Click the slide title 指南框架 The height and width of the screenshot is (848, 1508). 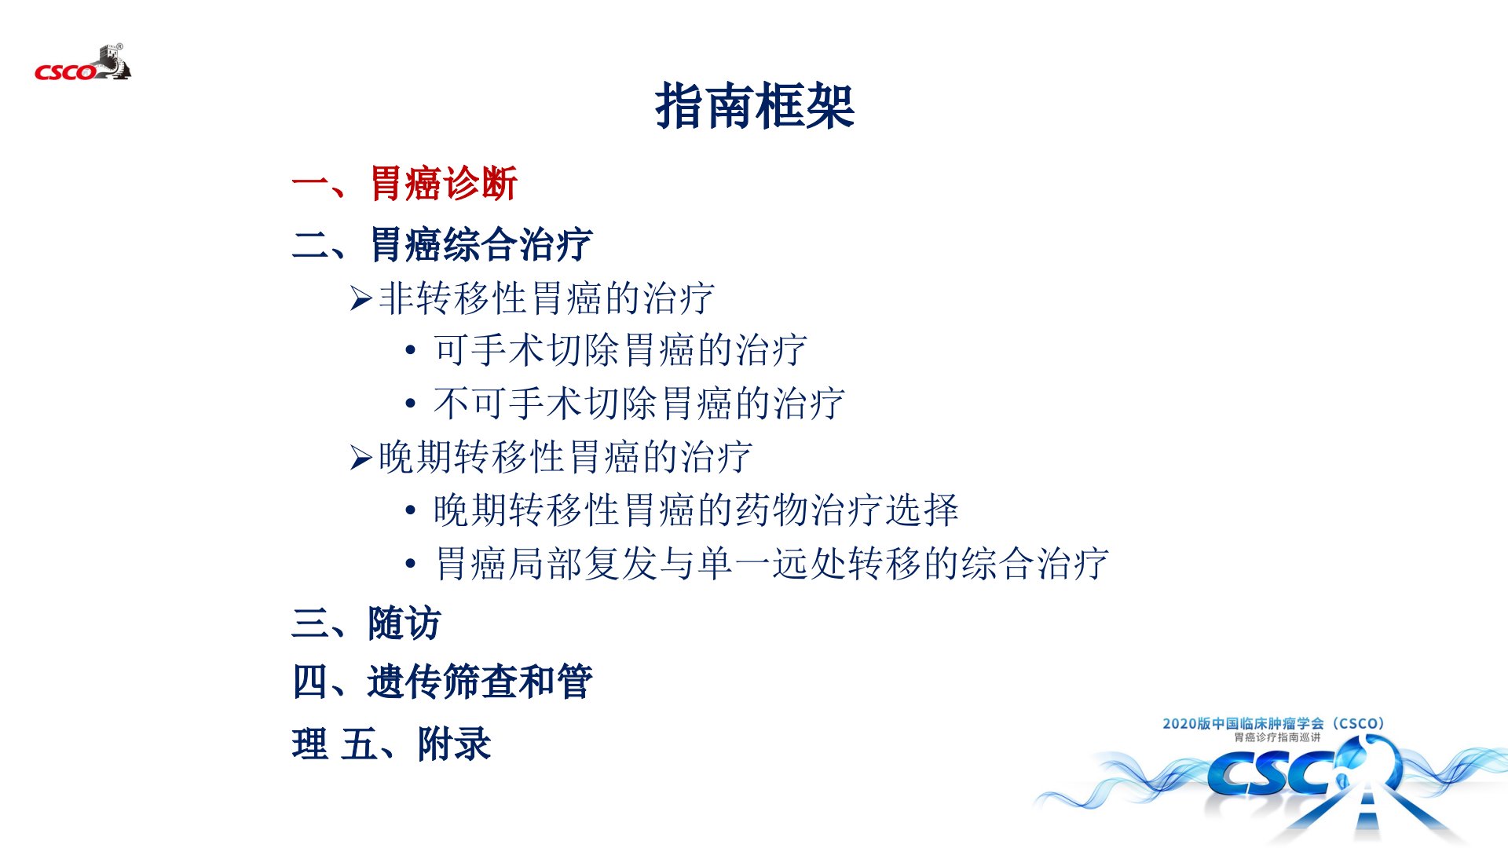tap(755, 106)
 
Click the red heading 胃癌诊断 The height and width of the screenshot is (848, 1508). tap(444, 184)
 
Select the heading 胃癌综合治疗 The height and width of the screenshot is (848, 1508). tap(481, 244)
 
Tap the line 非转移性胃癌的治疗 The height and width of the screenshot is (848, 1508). tap(546, 298)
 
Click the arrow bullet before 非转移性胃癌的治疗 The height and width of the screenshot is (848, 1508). tap(361, 298)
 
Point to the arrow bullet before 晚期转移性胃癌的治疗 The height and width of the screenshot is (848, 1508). tap(361, 457)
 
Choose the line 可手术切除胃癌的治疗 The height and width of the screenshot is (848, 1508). tap(620, 350)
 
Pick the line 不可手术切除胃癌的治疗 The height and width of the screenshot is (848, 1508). tap(639, 404)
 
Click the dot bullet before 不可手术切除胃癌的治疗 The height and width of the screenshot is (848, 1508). tap(410, 404)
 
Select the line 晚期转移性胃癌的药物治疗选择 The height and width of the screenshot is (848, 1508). tap(696, 510)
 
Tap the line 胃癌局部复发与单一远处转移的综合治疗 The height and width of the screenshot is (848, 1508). tap(771, 564)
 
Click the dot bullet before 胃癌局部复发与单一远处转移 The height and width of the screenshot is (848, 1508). tap(410, 564)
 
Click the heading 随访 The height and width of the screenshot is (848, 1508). tap(404, 623)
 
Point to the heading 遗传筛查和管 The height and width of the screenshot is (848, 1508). tap(480, 682)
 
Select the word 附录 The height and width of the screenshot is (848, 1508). tap(454, 744)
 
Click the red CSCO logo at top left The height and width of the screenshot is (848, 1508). tap(82, 64)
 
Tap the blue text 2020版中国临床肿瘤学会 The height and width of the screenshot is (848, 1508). tap(1243, 723)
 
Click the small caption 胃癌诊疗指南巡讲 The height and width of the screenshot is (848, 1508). tap(1277, 737)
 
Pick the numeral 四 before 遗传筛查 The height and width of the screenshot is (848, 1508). tap(310, 682)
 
